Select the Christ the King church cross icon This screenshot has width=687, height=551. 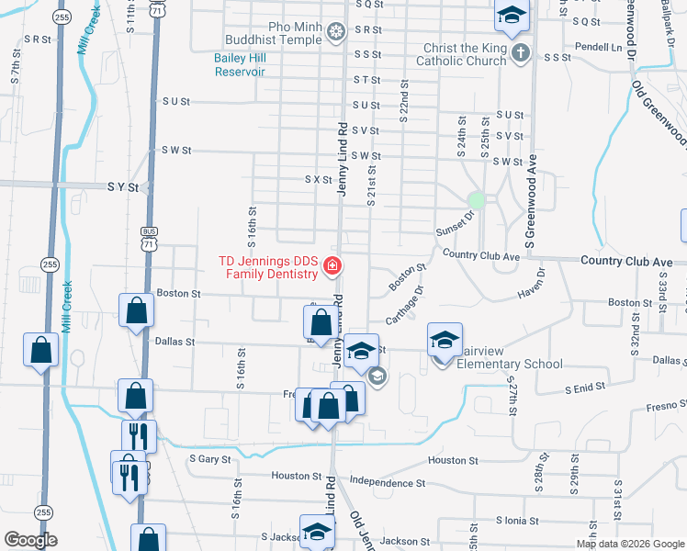coord(521,52)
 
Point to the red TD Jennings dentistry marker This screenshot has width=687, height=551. coord(332,268)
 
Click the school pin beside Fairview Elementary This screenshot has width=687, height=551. coord(445,341)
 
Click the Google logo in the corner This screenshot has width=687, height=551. coord(31,540)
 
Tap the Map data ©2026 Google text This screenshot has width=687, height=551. coord(630,544)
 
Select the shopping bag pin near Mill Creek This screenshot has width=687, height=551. coord(40,350)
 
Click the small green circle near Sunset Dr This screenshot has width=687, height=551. coord(476,199)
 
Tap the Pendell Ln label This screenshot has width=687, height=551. coord(598,46)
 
